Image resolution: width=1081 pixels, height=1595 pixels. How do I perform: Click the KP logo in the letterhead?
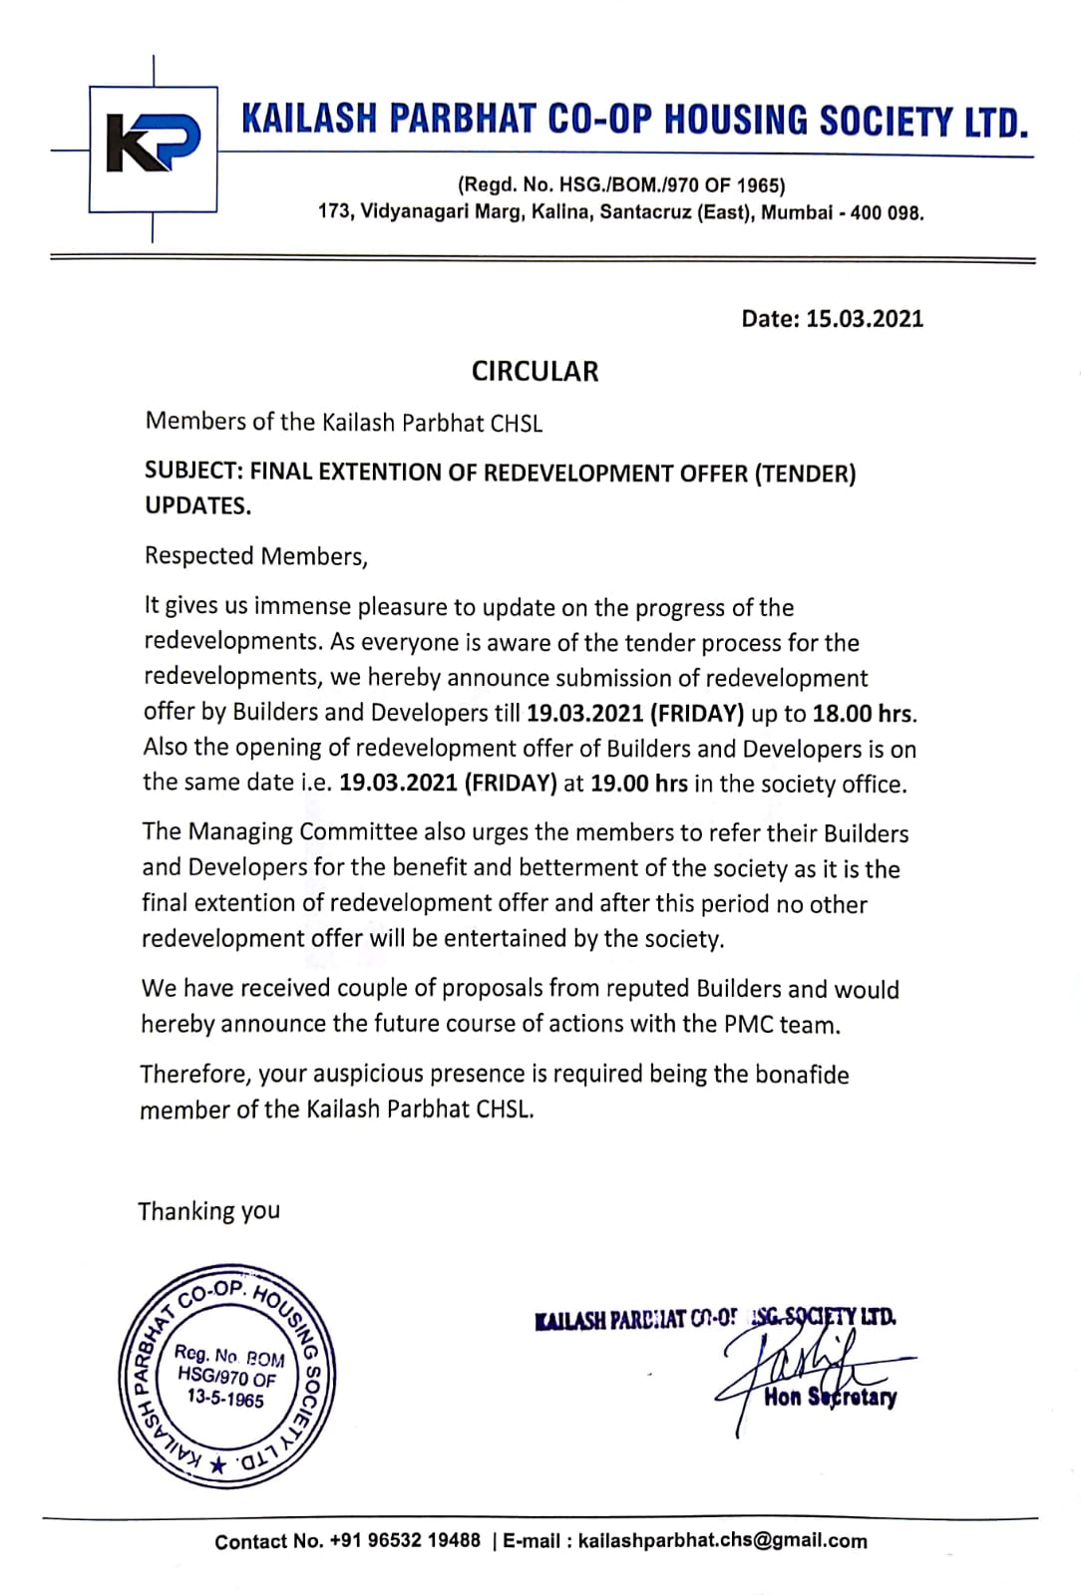[154, 147]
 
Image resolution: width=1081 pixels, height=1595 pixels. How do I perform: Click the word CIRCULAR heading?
[535, 372]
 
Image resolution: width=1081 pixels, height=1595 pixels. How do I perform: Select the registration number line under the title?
[620, 185]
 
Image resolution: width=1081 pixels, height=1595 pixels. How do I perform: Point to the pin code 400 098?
[887, 213]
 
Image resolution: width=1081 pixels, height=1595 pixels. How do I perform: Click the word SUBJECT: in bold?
[193, 473]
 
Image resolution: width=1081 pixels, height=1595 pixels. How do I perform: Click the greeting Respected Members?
[256, 556]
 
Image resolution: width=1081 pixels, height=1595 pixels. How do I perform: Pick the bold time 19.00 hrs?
[638, 784]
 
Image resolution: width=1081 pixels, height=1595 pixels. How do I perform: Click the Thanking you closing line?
[208, 1211]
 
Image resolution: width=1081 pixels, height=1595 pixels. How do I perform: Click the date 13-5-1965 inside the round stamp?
[226, 1400]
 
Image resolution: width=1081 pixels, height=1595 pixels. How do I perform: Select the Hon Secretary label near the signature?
[830, 1398]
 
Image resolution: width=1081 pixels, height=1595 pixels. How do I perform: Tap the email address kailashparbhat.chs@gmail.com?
[723, 1541]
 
